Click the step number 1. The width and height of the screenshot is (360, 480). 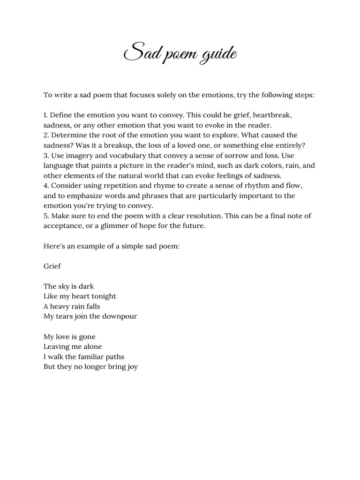45,115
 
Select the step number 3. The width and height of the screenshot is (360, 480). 46,156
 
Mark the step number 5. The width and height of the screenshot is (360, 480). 46,216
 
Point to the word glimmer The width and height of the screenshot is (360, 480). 115,226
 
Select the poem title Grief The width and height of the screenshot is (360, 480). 52,266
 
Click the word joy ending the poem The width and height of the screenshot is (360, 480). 132,367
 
